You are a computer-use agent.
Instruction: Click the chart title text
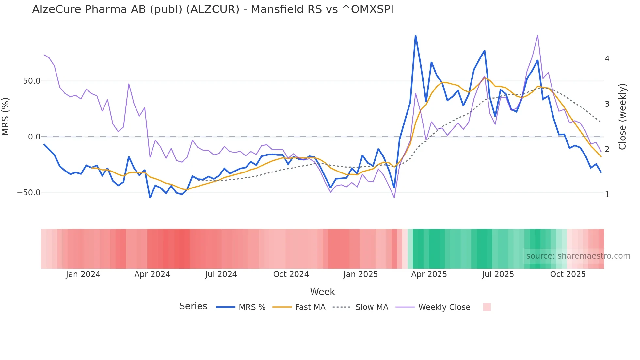(x=213, y=9)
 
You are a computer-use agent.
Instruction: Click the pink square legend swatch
(x=487, y=307)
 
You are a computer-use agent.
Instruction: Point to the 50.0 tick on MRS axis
(x=32, y=81)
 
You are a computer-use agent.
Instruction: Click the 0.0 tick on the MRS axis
(x=34, y=137)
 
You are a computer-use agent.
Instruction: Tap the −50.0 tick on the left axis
(x=29, y=193)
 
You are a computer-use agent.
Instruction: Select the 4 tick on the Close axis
(x=607, y=59)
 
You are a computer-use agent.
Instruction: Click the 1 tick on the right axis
(x=607, y=195)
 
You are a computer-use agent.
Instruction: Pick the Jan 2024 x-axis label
(x=83, y=274)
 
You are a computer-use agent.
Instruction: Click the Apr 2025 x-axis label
(x=429, y=274)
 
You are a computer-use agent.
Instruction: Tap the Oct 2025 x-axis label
(x=568, y=274)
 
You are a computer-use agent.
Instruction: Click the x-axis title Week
(x=322, y=292)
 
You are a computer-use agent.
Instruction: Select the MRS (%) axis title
(x=6, y=116)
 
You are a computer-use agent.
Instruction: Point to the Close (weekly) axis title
(x=622, y=116)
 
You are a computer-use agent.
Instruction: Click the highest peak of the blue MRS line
(x=415, y=35)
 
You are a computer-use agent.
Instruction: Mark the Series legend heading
(x=193, y=306)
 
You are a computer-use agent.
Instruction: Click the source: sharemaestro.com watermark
(x=578, y=256)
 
